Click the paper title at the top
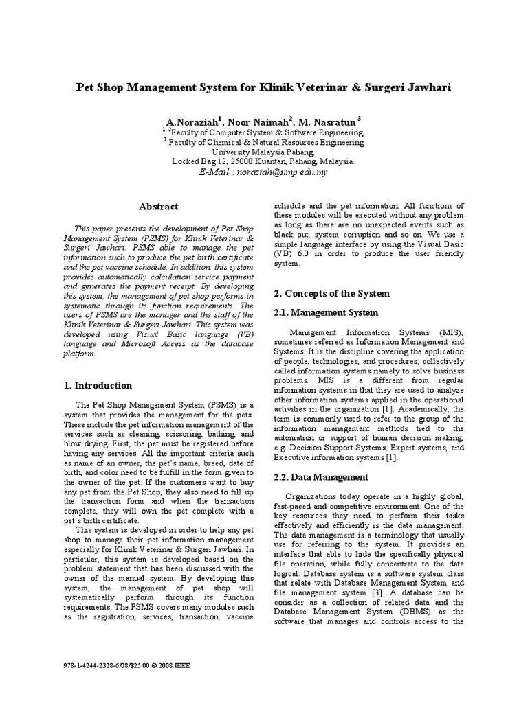click(264, 89)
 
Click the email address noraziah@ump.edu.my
click(284, 172)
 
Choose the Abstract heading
click(158, 206)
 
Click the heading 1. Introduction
click(98, 385)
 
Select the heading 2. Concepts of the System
click(331, 293)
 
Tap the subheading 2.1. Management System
click(326, 312)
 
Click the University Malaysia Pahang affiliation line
click(263, 152)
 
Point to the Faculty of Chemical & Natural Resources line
click(263, 143)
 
